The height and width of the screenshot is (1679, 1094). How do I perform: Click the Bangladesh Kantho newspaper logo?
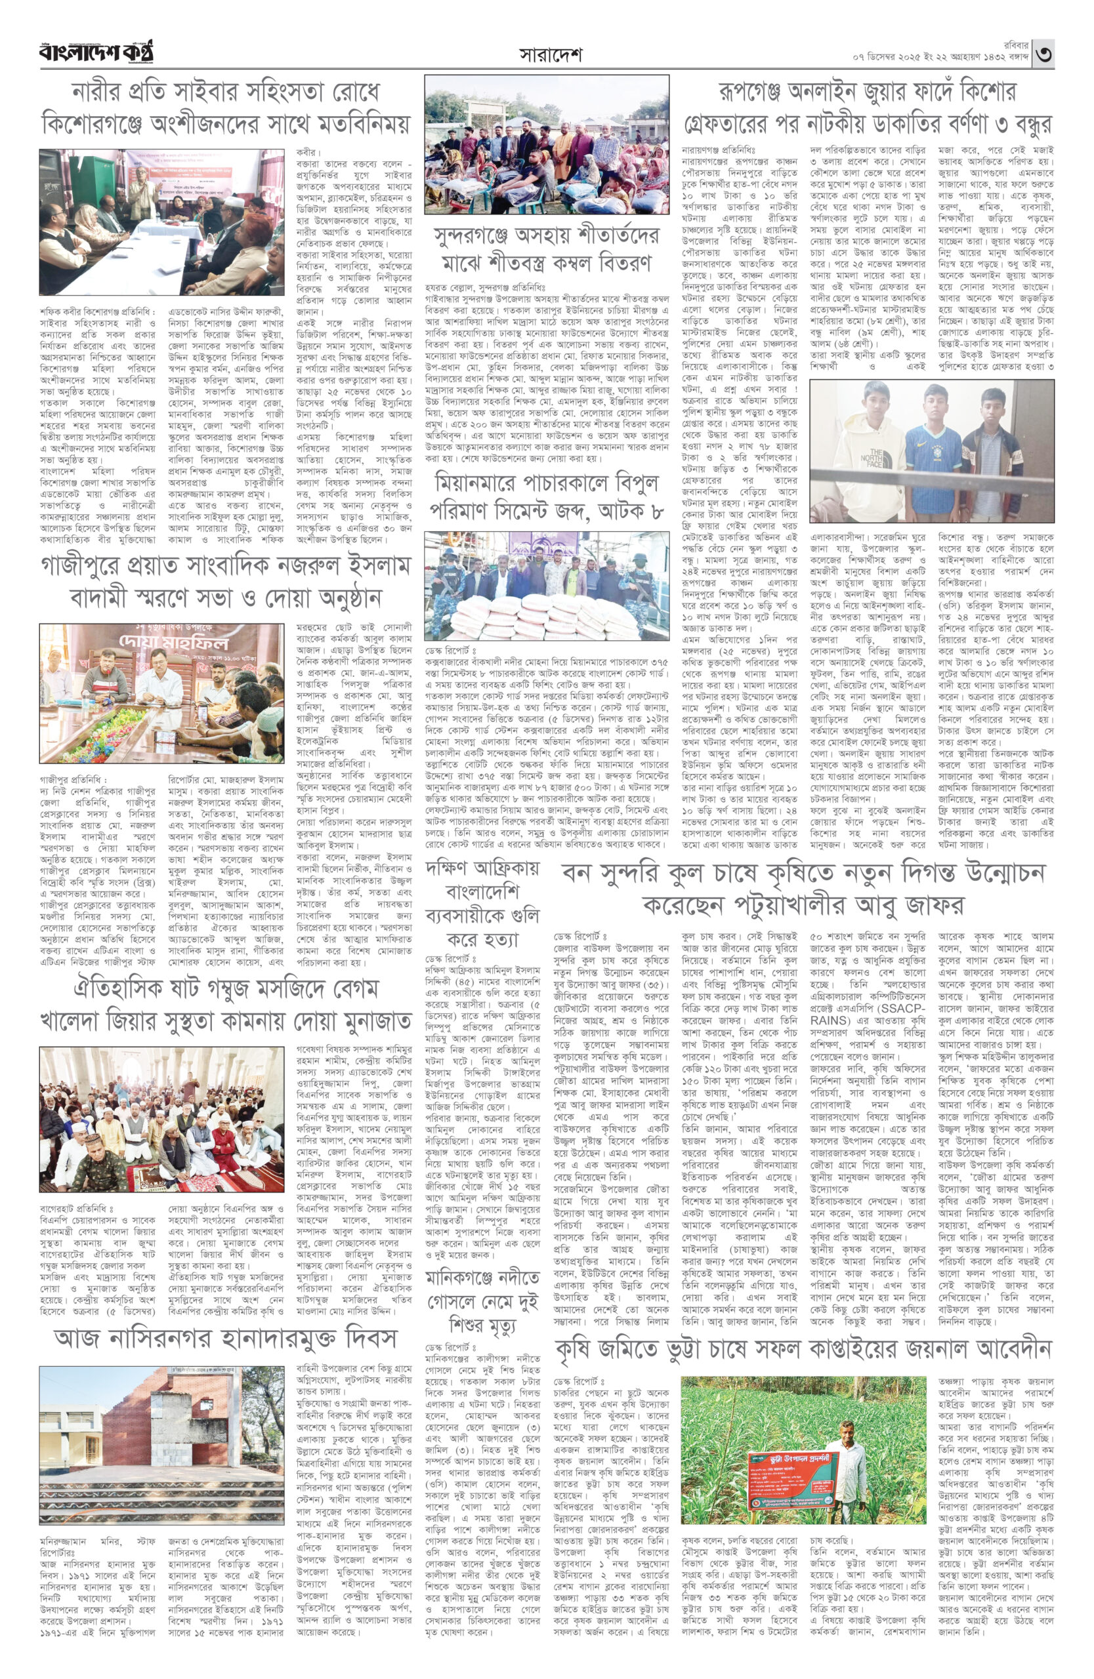(x=96, y=52)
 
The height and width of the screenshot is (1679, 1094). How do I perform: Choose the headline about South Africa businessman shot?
(x=483, y=904)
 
